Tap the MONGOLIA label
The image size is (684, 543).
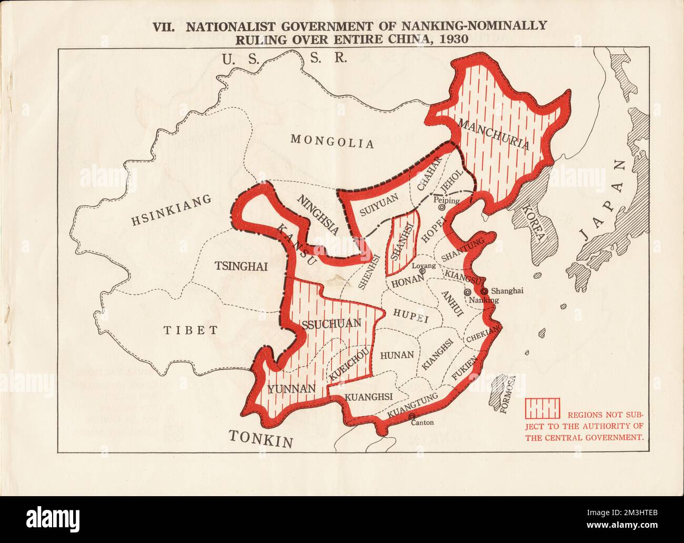tap(332, 141)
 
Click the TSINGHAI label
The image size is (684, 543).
tap(241, 266)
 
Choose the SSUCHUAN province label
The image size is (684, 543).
tap(331, 324)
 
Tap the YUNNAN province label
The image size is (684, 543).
tap(291, 389)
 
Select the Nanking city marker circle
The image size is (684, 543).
tap(467, 292)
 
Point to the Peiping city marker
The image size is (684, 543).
tap(442, 208)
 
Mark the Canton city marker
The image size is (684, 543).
tap(411, 416)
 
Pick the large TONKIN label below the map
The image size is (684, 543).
tap(261, 438)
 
